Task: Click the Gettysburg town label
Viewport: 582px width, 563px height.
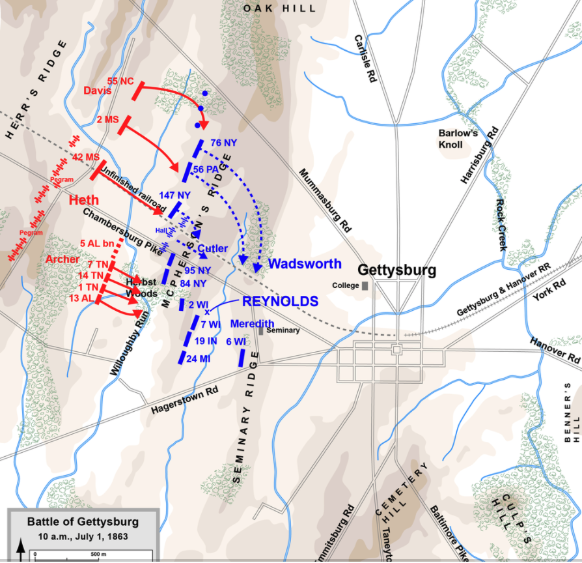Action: coord(397,270)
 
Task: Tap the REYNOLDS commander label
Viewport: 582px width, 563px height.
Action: coord(280,301)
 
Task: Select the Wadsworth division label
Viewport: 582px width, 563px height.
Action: coord(305,264)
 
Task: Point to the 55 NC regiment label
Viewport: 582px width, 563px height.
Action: coord(120,81)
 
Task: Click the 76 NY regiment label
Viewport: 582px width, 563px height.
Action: coord(223,143)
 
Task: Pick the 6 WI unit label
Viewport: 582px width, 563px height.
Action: coord(236,341)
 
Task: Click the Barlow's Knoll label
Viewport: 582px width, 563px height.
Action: coord(459,138)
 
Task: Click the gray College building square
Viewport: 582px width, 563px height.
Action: coord(365,285)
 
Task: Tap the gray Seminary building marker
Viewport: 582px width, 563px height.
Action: coord(261,330)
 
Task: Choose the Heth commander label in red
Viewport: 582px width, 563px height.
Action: coord(85,201)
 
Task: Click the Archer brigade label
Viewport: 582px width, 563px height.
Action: coord(62,259)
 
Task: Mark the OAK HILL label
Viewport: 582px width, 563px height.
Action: coord(279,8)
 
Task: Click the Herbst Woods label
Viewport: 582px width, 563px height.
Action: coord(142,287)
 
